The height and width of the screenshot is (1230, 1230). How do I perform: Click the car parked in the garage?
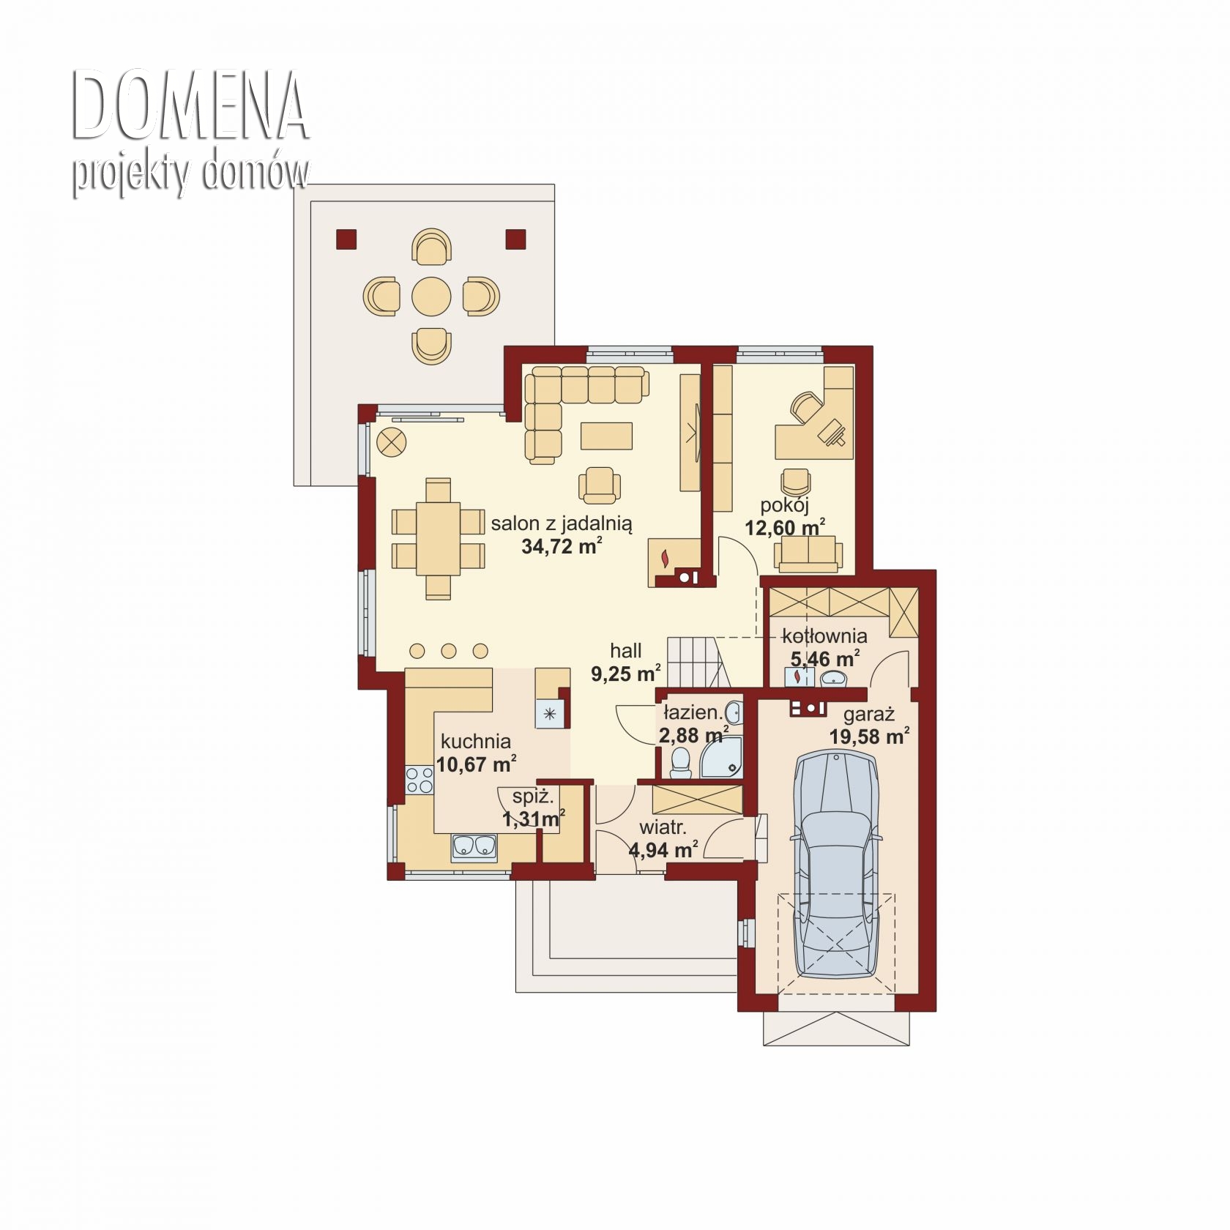(836, 864)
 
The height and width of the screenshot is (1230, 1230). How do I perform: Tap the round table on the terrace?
(431, 297)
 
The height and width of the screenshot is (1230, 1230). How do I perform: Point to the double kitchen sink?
(474, 846)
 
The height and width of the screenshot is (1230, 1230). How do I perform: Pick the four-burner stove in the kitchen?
(420, 780)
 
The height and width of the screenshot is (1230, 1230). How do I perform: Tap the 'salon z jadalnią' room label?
(562, 523)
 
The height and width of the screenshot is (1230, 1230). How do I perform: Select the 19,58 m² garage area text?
(869, 736)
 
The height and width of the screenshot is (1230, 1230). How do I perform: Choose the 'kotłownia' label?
(824, 635)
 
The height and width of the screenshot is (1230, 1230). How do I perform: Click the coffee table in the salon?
(606, 435)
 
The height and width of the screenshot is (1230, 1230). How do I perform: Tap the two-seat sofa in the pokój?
(807, 553)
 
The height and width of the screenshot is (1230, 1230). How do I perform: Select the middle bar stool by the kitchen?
(449, 651)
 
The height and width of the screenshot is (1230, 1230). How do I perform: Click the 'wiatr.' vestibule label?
(663, 828)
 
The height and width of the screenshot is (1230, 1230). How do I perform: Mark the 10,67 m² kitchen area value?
(476, 764)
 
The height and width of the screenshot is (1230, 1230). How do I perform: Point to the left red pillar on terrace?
(346, 239)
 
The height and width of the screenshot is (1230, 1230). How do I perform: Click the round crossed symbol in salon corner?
(392, 442)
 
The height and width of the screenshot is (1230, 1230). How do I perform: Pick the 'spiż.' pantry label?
(532, 796)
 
